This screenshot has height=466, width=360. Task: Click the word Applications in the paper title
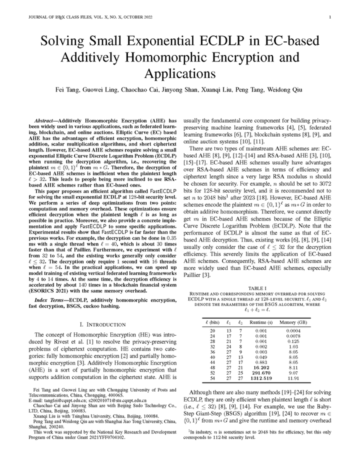(179, 73)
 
